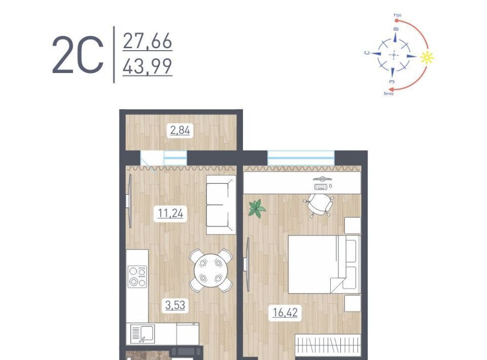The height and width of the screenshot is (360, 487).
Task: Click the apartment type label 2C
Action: [78, 55]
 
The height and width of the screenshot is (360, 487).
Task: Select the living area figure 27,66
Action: [148, 41]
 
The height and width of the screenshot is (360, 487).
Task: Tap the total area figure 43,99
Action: [148, 66]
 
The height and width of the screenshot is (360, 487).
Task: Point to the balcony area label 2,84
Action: [180, 130]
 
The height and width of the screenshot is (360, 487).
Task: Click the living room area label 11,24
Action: [170, 213]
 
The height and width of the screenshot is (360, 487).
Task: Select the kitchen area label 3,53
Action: [175, 305]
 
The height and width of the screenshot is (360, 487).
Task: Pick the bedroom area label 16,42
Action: [285, 312]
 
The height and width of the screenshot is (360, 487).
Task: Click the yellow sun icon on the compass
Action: [427, 57]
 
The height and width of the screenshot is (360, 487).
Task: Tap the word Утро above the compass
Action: [397, 15]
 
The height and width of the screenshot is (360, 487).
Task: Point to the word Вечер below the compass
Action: [389, 93]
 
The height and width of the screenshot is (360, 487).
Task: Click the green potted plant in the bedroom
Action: [257, 208]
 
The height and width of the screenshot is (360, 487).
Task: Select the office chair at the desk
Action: [319, 204]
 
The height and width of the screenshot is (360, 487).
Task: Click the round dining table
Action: [211, 271]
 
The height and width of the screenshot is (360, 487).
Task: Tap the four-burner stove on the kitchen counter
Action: [137, 276]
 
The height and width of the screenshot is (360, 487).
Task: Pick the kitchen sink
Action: [143, 334]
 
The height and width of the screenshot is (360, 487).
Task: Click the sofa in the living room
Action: [221, 205]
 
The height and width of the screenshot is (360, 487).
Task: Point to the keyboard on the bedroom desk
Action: [321, 187]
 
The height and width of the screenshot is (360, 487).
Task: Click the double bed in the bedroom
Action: [325, 264]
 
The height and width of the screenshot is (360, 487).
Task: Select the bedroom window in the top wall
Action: [301, 158]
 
